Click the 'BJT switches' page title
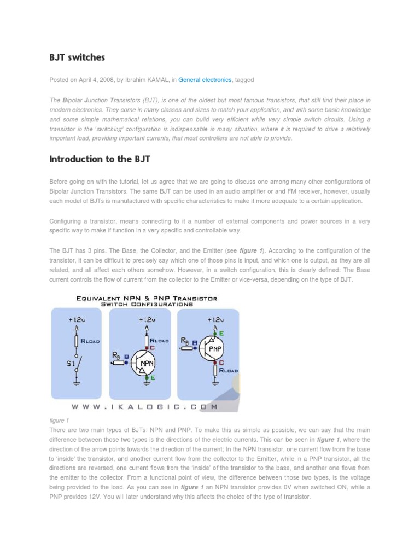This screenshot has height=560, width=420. coord(77,57)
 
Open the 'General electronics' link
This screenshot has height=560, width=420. coord(205,80)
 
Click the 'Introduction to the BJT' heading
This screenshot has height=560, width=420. coord(100,159)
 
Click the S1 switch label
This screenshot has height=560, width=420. coord(69,363)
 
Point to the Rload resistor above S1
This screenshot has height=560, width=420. coord(77,341)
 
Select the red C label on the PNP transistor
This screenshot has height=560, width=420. coord(221,362)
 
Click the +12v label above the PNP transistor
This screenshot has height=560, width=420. coord(215,319)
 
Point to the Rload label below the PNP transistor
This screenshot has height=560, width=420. coord(229,370)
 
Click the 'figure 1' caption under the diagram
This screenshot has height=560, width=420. coord(59,421)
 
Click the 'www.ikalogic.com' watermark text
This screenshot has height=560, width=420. coord(145,407)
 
